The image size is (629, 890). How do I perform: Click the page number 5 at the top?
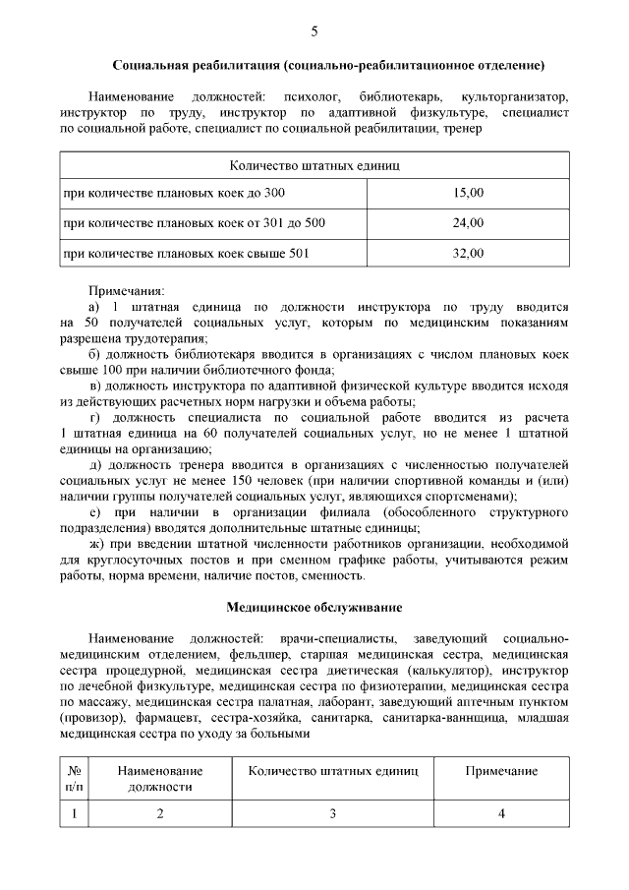tap(314, 30)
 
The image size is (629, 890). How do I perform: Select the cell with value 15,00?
tap(468, 192)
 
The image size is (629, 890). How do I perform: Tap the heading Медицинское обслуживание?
tap(314, 608)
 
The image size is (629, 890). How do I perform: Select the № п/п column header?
tap(74, 779)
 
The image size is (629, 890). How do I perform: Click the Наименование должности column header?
tap(160, 779)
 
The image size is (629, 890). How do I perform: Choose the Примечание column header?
tap(501, 771)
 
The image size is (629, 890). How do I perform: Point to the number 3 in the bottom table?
tap(333, 813)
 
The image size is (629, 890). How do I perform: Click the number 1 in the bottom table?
tap(74, 813)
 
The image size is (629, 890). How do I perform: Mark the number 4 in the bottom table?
tap(501, 813)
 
